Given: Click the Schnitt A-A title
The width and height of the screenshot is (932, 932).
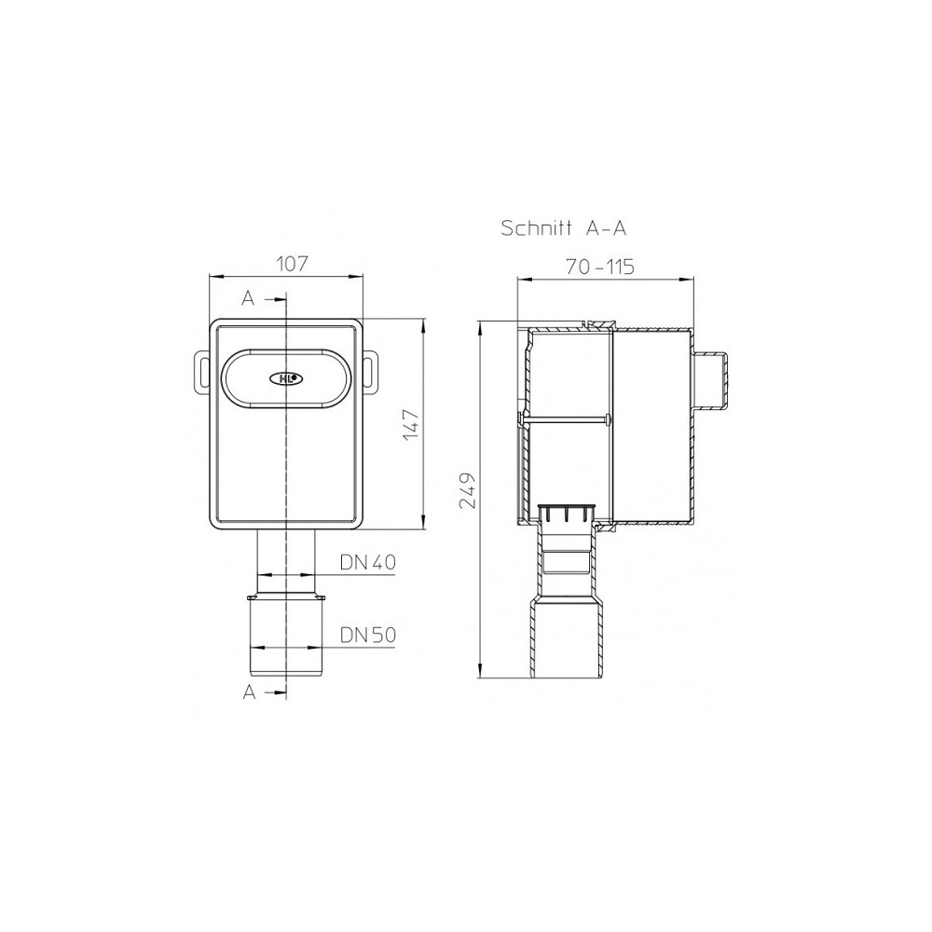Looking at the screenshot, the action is (564, 227).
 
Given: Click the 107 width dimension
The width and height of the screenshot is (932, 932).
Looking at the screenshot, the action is (293, 264).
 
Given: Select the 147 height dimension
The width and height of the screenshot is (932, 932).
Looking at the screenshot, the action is (411, 425).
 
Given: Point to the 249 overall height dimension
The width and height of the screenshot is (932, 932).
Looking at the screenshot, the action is (468, 491).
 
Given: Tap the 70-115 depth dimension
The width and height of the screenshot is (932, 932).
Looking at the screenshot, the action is (599, 267).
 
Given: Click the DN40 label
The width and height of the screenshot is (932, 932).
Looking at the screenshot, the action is (368, 562).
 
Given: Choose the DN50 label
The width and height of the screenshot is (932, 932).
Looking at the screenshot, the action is (368, 635).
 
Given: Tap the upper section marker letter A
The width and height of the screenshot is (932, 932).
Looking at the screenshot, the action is (248, 298).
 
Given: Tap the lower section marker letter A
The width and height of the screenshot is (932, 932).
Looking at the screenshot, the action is (249, 692).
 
